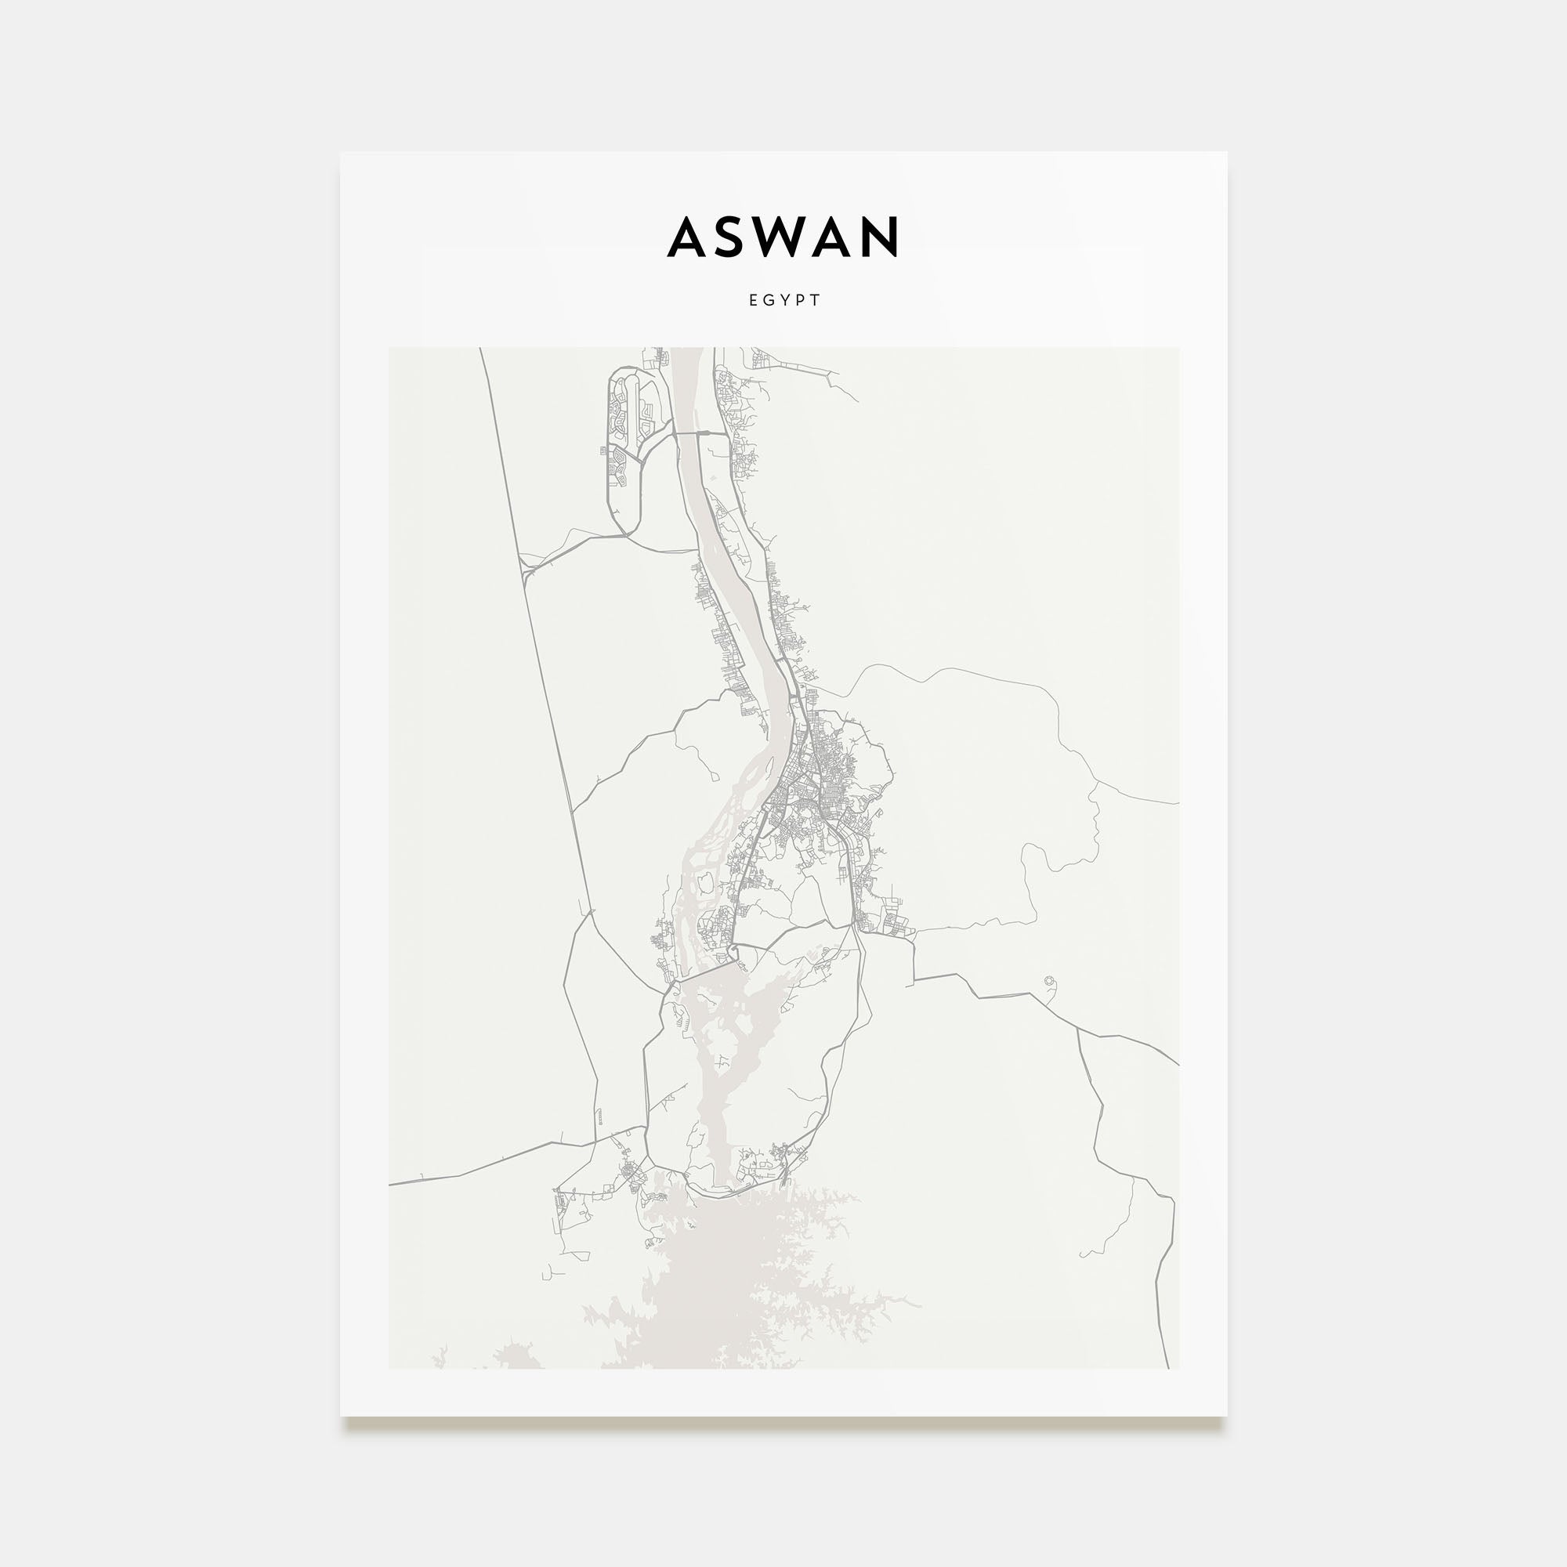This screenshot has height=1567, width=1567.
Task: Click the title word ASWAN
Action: pyautogui.click(x=783, y=237)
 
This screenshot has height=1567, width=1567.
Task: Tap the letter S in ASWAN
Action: pyautogui.click(x=733, y=237)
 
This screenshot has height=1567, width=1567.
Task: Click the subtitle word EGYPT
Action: pyautogui.click(x=783, y=300)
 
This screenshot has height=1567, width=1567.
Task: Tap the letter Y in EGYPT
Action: pyautogui.click(x=785, y=300)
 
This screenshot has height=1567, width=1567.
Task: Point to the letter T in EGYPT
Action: pyautogui.click(x=816, y=300)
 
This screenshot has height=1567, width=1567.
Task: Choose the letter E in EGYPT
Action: pyautogui.click(x=753, y=300)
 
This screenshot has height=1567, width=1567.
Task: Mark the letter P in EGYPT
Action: pyautogui.click(x=801, y=300)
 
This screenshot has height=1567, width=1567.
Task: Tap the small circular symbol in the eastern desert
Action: pyautogui.click(x=1051, y=982)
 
